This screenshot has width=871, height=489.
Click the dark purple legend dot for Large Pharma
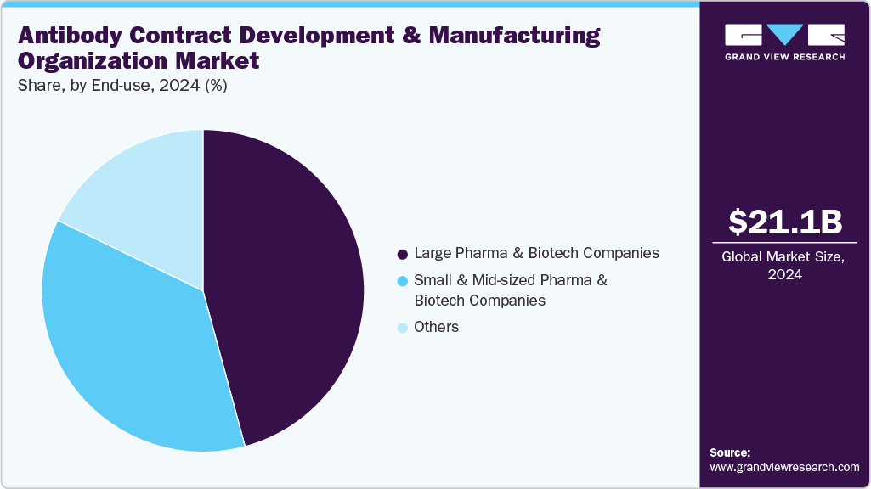click(x=402, y=254)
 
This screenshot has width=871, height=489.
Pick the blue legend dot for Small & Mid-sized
click(x=402, y=280)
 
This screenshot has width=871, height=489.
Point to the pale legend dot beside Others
click(x=402, y=328)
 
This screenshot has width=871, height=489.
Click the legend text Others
click(x=436, y=328)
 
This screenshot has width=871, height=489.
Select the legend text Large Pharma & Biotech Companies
click(x=535, y=253)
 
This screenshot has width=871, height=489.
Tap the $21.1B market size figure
click(x=784, y=222)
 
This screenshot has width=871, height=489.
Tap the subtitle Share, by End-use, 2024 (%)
click(x=122, y=86)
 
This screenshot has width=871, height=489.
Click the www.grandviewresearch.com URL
click(x=784, y=468)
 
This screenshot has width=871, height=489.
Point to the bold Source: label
click(x=730, y=453)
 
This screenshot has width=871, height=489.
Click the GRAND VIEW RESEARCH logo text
click(x=784, y=57)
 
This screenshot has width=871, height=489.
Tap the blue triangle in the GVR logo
click(x=784, y=35)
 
